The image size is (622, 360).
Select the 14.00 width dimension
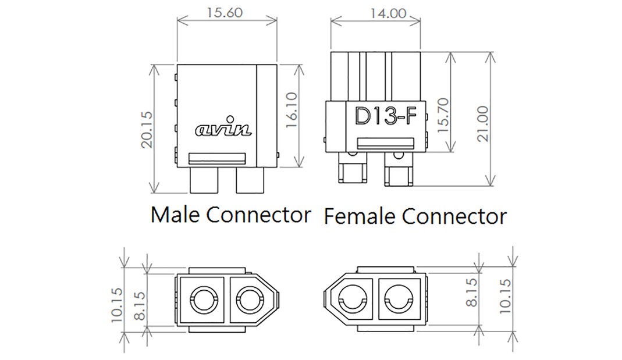(x=375, y=12)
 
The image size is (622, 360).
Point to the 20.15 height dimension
(x=145, y=129)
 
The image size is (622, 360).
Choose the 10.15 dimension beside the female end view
(x=504, y=296)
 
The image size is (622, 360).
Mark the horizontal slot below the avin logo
(x=218, y=158)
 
